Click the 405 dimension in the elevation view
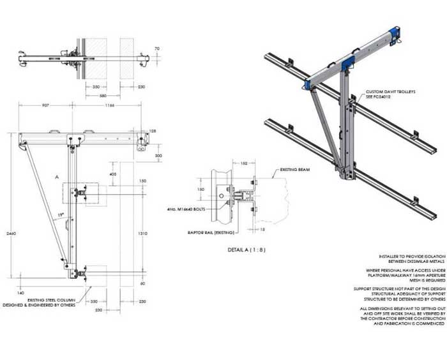(113, 173)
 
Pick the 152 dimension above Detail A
(245, 163)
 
